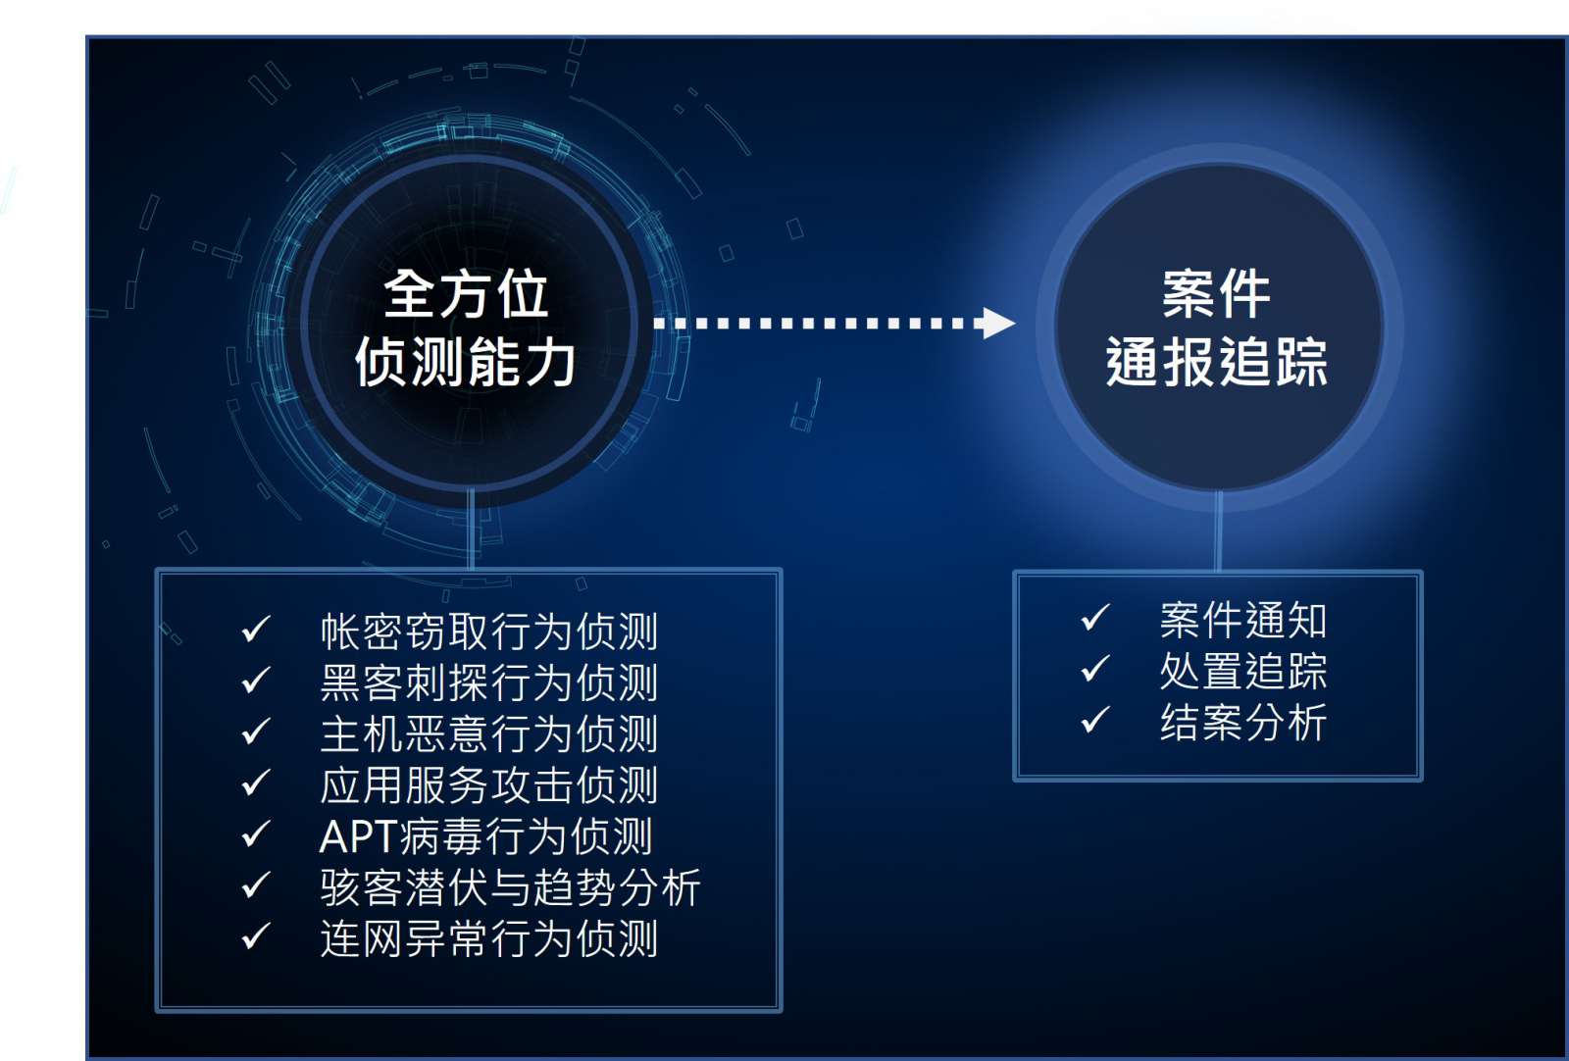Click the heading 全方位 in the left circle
tap(465, 294)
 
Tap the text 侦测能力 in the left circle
tap(465, 362)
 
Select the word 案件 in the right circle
tap(1217, 294)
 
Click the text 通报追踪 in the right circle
tap(1217, 362)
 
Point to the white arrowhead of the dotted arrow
tap(998, 323)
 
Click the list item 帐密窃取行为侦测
tap(489, 631)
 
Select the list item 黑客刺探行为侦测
tap(489, 682)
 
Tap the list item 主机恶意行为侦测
tap(489, 733)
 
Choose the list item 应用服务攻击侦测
tap(489, 785)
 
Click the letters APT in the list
tap(358, 836)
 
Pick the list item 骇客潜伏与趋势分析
tap(510, 887)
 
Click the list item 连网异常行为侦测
tap(489, 938)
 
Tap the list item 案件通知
tap(1243, 621)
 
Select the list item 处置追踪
tap(1243, 672)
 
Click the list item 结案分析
tap(1243, 723)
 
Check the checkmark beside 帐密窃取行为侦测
tap(256, 629)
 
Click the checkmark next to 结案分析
tap(1095, 719)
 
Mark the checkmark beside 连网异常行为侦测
tap(256, 935)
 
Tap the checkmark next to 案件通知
tap(1095, 617)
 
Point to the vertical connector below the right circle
tap(1219, 530)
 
